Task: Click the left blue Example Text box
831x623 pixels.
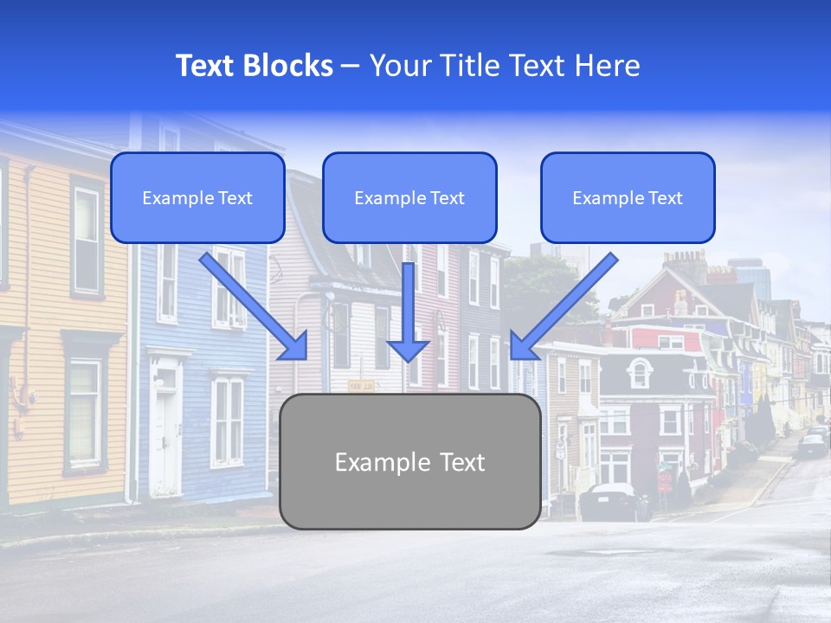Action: pos(197,197)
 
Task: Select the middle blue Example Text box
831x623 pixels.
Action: pos(409,197)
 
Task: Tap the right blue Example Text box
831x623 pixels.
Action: pos(628,197)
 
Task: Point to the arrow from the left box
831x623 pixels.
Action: pos(254,306)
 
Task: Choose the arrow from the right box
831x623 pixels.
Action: pos(563,306)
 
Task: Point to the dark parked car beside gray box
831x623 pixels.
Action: pos(614,502)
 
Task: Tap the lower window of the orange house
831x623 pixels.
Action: pos(85,403)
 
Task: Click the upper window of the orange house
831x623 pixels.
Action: pos(87,228)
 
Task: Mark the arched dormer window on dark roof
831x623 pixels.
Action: pos(640,373)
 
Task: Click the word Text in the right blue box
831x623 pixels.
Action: pos(665,198)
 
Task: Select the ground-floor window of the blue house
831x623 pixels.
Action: pos(229,419)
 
